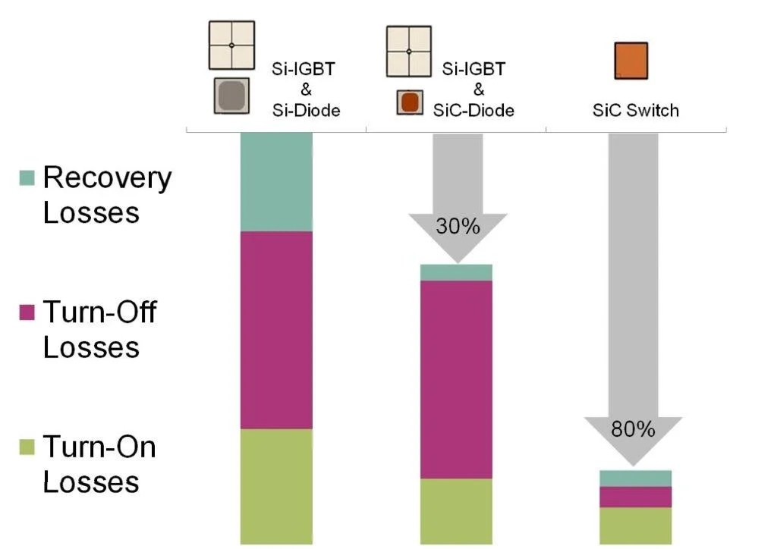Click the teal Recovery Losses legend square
click(27, 178)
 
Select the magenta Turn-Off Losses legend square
click(27, 312)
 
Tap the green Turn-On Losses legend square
click(27, 447)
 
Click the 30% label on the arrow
click(457, 226)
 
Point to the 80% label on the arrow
click(633, 430)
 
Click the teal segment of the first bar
click(276, 182)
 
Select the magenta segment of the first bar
click(276, 330)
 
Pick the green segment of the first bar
click(276, 486)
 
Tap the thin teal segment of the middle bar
click(457, 272)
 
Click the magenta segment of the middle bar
click(457, 379)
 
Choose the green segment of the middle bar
click(457, 511)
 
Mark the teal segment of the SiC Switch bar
click(636, 478)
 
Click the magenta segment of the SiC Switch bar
click(636, 497)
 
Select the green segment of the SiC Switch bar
click(636, 525)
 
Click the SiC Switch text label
click(636, 111)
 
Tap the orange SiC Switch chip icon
click(631, 61)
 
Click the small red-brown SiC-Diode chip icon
click(410, 102)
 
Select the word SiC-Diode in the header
click(473, 111)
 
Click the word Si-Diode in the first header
click(306, 111)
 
